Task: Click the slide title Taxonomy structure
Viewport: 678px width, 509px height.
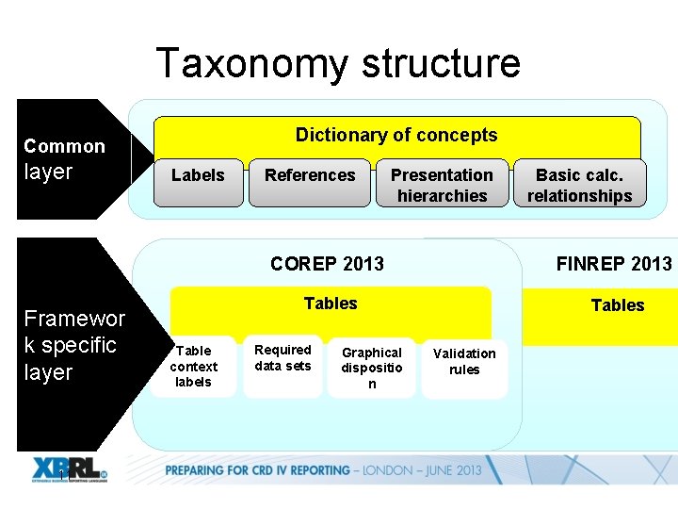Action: pos(337,63)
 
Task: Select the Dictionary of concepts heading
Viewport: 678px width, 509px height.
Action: pos(396,135)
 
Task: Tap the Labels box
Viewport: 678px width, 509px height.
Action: pos(198,175)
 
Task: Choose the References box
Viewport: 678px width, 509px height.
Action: pos(310,175)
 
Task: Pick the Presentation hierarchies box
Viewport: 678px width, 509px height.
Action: pos(442,185)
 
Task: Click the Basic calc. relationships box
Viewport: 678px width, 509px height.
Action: pos(579,185)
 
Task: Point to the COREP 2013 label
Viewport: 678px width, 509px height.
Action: pos(327,264)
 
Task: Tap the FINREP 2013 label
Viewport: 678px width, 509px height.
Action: pos(614,264)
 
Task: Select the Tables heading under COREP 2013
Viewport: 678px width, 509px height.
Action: pos(331,304)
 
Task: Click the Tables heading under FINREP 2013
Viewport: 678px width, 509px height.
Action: pos(617,305)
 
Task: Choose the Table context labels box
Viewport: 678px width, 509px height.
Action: pos(193,366)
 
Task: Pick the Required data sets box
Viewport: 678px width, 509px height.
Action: pos(282,358)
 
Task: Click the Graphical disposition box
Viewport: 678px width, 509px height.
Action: pos(372,368)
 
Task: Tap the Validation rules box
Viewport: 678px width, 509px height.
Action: pos(464,361)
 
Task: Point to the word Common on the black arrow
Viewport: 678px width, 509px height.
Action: pos(64,146)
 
